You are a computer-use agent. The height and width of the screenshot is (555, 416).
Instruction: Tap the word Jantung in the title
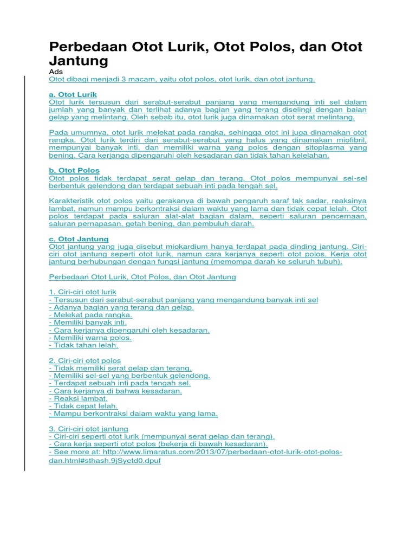pyautogui.click(x=79, y=60)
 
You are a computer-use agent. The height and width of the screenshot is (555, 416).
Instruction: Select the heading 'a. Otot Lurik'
pyautogui.click(x=73, y=94)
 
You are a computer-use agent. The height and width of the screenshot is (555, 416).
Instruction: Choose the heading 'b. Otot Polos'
pyautogui.click(x=74, y=170)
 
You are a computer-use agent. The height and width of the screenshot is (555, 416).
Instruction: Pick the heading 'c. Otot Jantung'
pyautogui.click(x=79, y=238)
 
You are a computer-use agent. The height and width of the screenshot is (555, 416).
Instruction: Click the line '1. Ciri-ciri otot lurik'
pyautogui.click(x=82, y=292)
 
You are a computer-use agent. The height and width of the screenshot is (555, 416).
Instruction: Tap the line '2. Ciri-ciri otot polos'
pyautogui.click(x=84, y=360)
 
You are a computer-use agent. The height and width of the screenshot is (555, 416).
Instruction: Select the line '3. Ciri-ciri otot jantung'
pyautogui.click(x=88, y=429)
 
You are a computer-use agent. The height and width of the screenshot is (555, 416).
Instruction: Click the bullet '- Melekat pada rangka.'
pyautogui.click(x=90, y=314)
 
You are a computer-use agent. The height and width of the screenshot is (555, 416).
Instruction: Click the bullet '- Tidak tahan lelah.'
pyautogui.click(x=83, y=345)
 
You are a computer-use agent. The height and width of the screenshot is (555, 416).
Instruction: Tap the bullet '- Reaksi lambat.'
pyautogui.click(x=78, y=398)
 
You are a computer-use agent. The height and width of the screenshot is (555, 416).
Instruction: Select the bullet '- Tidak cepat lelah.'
pyautogui.click(x=83, y=405)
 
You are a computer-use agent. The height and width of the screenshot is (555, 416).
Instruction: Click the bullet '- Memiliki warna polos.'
pyautogui.click(x=90, y=337)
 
